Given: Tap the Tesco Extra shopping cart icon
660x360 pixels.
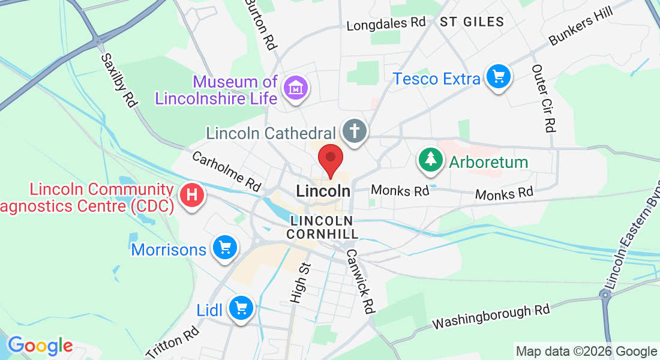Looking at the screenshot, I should [498, 77].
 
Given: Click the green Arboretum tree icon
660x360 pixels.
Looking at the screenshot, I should [430, 160].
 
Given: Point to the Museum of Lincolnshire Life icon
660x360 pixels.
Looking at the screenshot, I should [296, 89].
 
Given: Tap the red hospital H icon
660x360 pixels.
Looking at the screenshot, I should [193, 195].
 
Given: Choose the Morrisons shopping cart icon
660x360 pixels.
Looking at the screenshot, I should [226, 247].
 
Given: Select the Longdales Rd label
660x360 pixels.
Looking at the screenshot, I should [386, 24].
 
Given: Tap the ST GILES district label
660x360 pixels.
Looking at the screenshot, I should [472, 22].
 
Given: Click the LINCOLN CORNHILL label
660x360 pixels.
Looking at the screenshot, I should [322, 227].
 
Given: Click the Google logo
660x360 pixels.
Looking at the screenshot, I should [40, 346].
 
